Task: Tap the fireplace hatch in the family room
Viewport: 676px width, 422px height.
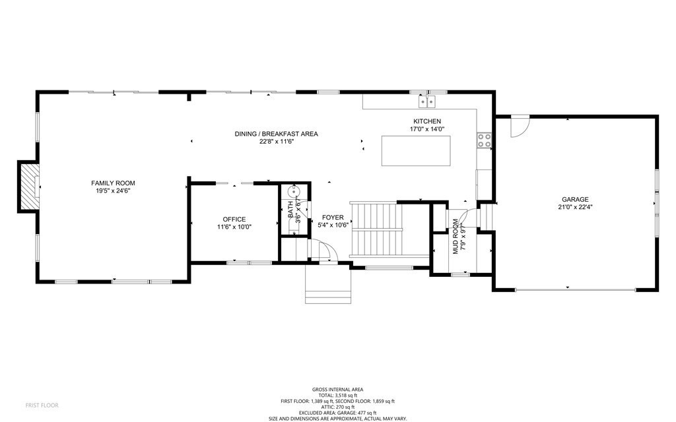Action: pyautogui.click(x=28, y=187)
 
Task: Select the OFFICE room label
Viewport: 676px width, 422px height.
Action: pyautogui.click(x=234, y=219)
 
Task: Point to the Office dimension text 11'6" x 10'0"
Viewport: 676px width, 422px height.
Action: pyautogui.click(x=234, y=227)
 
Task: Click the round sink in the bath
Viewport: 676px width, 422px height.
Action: pyautogui.click(x=295, y=192)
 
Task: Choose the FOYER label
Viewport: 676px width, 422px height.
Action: pyautogui.click(x=333, y=217)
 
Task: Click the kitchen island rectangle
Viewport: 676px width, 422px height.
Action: pyautogui.click(x=417, y=150)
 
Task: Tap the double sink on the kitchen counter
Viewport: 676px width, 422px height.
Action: pyautogui.click(x=426, y=101)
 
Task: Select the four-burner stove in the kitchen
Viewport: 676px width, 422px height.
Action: pyautogui.click(x=484, y=139)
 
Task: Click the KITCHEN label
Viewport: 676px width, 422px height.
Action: pyautogui.click(x=426, y=121)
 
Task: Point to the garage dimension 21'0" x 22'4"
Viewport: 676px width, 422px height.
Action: pyautogui.click(x=575, y=207)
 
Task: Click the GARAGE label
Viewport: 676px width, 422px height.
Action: pyautogui.click(x=575, y=199)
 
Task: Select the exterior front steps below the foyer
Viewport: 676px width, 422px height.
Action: pyautogui.click(x=328, y=284)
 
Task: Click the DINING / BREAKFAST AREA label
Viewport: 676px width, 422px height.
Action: pyautogui.click(x=276, y=134)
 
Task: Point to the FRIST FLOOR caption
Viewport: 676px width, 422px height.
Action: pyautogui.click(x=42, y=404)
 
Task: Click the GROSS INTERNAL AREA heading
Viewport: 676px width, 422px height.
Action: pyautogui.click(x=338, y=390)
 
